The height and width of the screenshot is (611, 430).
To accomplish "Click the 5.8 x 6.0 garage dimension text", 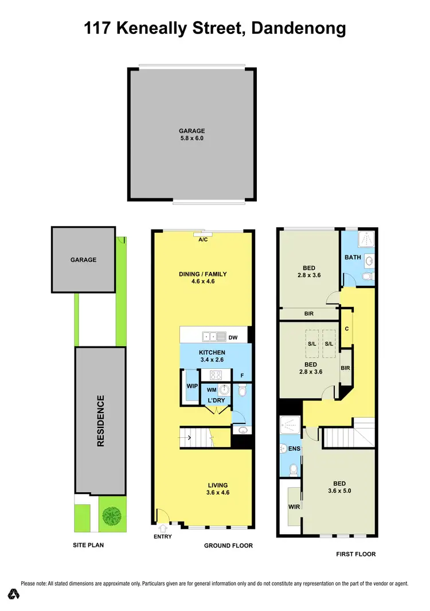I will click(191, 138).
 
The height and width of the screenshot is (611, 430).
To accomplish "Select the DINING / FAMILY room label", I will click(203, 274).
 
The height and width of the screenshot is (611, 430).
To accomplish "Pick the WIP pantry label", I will click(191, 386).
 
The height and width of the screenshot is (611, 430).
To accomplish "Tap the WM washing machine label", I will click(212, 390).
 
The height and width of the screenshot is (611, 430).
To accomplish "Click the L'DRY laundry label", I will click(216, 399).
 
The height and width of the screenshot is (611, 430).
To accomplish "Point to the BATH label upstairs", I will click(353, 257).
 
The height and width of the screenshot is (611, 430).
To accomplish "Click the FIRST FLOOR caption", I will click(355, 554).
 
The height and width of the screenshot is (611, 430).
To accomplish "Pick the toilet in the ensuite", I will click(293, 471).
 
